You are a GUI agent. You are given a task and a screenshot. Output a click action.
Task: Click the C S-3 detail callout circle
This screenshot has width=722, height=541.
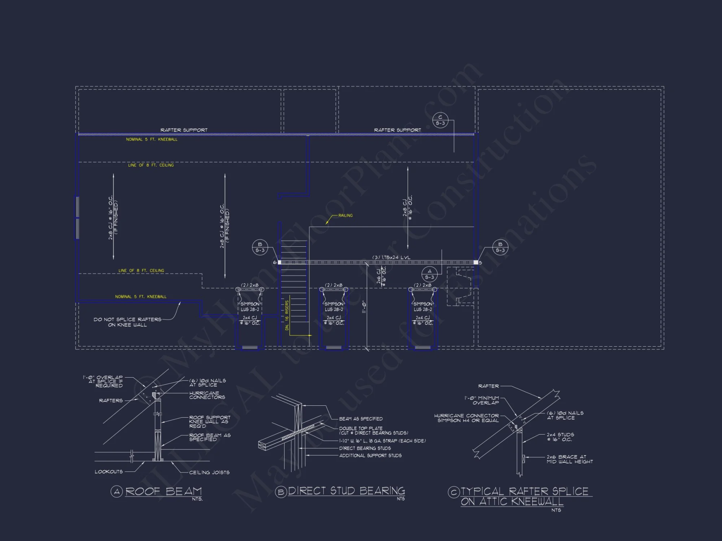(x=440, y=120)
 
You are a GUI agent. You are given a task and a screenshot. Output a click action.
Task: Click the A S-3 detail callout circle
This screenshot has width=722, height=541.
(x=429, y=274)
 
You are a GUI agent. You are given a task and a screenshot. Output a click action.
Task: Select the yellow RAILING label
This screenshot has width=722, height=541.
(x=345, y=215)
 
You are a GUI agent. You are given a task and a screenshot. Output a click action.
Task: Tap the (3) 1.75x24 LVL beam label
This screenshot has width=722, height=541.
(x=391, y=257)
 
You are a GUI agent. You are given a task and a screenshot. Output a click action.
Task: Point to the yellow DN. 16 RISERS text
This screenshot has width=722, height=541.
(x=287, y=315)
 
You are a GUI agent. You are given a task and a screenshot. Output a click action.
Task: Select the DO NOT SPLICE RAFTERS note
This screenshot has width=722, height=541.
(x=127, y=322)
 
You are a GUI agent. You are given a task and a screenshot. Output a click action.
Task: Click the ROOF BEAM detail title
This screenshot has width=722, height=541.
(x=164, y=491)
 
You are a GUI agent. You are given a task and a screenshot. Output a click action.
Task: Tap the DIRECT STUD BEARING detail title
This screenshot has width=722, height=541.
(x=347, y=491)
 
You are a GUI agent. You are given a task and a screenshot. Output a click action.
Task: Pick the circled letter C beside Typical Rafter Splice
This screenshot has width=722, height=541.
(x=453, y=492)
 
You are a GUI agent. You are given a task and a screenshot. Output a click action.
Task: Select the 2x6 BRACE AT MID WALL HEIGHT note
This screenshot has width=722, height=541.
(x=570, y=459)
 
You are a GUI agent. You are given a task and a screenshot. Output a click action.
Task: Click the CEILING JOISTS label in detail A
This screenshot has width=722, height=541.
(x=209, y=472)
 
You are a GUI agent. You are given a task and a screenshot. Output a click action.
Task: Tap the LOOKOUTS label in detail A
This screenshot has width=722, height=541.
(x=109, y=472)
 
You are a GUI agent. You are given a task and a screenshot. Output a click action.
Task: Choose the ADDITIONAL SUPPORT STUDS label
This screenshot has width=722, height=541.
(x=370, y=456)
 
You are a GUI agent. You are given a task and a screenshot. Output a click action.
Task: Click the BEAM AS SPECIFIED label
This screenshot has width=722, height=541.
(x=361, y=419)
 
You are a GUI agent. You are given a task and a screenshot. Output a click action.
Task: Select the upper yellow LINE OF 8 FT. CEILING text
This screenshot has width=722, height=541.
(x=151, y=165)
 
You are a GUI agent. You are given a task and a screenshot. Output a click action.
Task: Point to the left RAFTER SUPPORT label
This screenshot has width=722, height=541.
(x=184, y=130)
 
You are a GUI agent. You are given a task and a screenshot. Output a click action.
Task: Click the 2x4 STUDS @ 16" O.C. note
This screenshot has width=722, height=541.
(x=560, y=437)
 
